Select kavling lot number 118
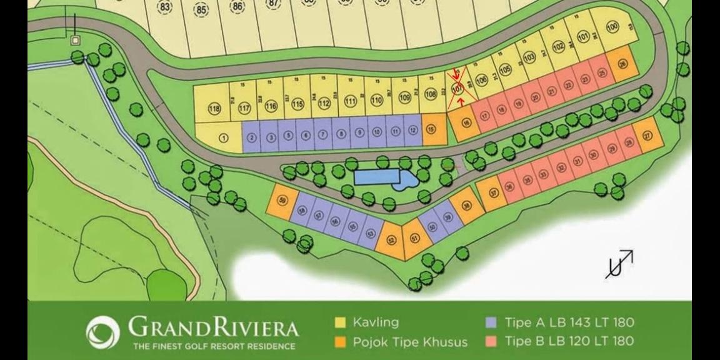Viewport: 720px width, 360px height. pos(214,109)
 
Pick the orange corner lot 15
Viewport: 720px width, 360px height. pos(431,129)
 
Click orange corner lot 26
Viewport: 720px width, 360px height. pos(622,64)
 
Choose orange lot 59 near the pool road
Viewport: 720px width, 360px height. pos(282,201)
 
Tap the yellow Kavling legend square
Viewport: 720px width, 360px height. pos(341,323)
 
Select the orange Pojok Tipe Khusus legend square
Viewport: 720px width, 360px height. pos(341,342)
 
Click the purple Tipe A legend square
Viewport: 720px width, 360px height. pos(492,323)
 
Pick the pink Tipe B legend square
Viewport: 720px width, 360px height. pos(492,342)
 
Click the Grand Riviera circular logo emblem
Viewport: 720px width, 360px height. pos(102,332)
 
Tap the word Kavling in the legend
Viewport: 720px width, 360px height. pos(376,323)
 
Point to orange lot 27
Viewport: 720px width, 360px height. pos(647,135)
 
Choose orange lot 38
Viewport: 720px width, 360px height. pos(466,207)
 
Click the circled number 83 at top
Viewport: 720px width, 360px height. pos(165,7)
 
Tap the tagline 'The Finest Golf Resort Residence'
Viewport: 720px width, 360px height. pos(213,346)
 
